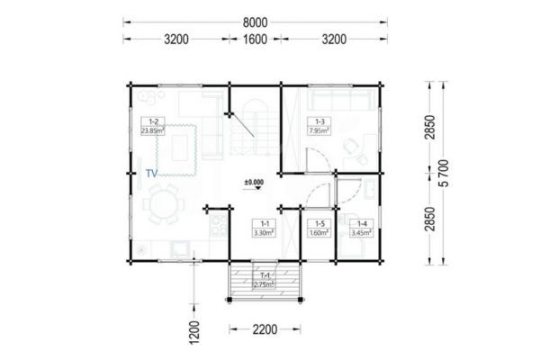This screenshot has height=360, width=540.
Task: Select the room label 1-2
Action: [x=153, y=121]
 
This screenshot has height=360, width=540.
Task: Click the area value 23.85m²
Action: [x=154, y=130]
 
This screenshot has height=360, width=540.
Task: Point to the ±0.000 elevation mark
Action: [x=255, y=182]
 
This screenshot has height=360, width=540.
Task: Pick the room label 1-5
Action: [x=318, y=223]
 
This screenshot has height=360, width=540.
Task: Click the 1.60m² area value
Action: [x=318, y=231]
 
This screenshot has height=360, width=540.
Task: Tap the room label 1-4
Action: [x=362, y=223]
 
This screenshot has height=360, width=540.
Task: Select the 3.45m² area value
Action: [x=362, y=231]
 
